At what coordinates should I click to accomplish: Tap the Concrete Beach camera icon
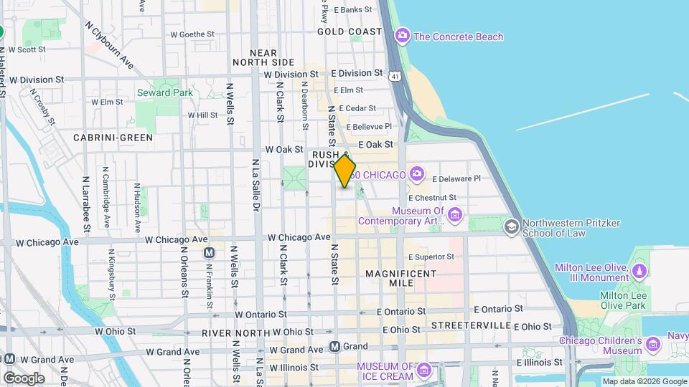pyautogui.click(x=403, y=36)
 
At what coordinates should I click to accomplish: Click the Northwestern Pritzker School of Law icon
pyautogui.click(x=511, y=227)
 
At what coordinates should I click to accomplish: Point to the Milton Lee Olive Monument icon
pyautogui.click(x=639, y=272)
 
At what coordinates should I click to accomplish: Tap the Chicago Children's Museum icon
pyautogui.click(x=652, y=345)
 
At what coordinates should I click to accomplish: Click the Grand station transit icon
pyautogui.click(x=335, y=347)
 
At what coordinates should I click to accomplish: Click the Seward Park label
pyautogui.click(x=164, y=92)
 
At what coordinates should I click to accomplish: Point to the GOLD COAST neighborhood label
pyautogui.click(x=350, y=32)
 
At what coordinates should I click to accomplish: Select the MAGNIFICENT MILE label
pyautogui.click(x=400, y=278)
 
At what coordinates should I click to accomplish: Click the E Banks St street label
pyautogui.click(x=351, y=10)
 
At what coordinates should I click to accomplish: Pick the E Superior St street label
pyautogui.click(x=431, y=257)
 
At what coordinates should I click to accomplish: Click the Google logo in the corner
pyautogui.click(x=23, y=378)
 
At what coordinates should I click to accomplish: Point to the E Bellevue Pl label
pyautogui.click(x=367, y=126)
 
